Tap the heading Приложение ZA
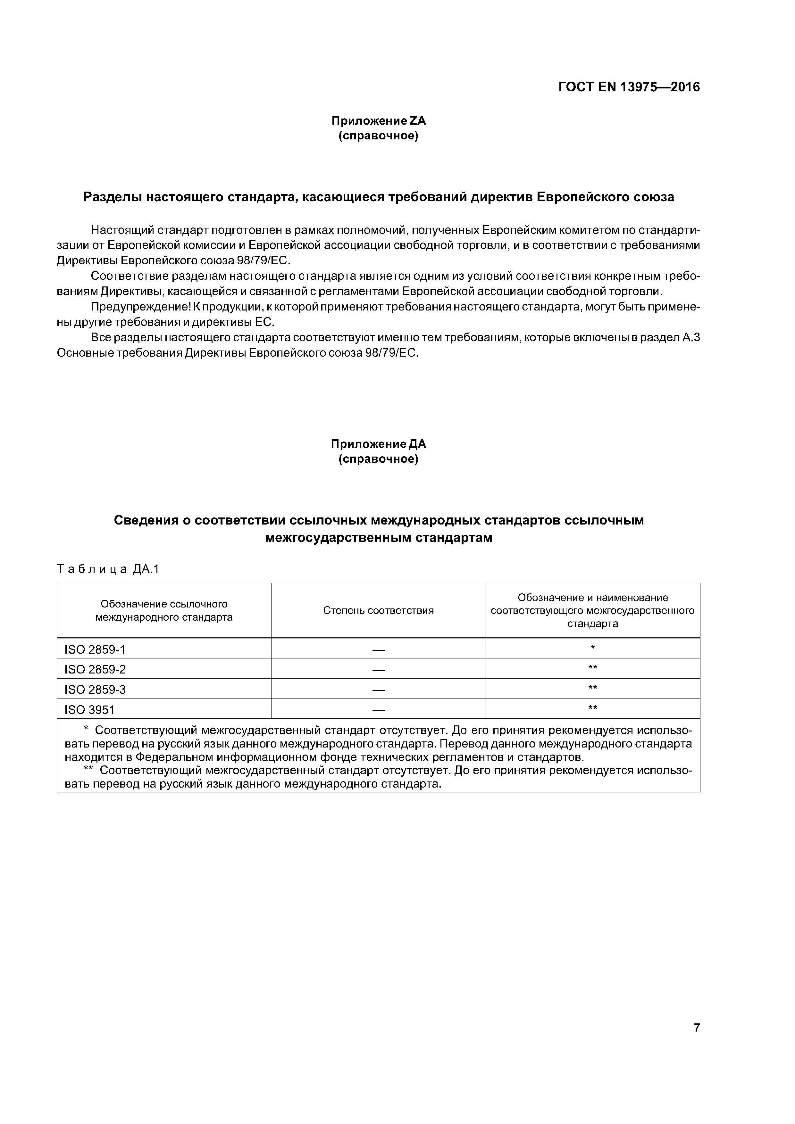[x=378, y=120]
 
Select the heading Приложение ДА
[x=378, y=444]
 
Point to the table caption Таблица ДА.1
[x=108, y=569]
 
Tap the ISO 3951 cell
[x=90, y=709]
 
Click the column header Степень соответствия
[x=378, y=610]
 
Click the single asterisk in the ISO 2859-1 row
[x=593, y=648]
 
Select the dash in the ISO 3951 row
[x=378, y=710]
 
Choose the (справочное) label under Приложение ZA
[x=378, y=136]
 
